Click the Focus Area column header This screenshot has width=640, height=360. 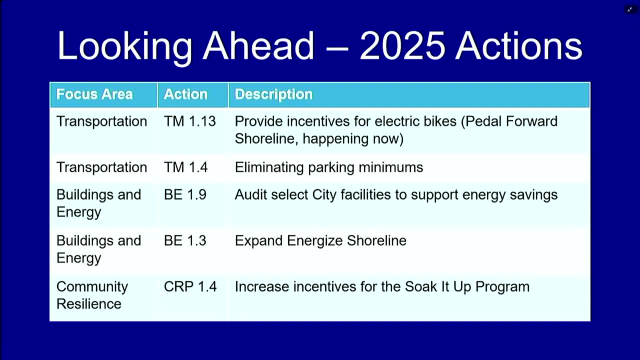(94, 94)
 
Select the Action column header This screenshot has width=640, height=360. (185, 94)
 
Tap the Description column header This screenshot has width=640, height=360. (273, 94)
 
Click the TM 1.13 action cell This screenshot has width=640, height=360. (189, 121)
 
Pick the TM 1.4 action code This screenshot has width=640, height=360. (185, 167)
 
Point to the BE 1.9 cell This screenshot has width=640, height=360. (185, 195)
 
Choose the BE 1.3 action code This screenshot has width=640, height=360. (185, 241)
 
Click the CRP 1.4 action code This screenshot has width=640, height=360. (190, 286)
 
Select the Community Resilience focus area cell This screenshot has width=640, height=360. (92, 295)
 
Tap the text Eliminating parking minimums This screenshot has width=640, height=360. (329, 167)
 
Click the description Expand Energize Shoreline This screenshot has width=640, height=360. (320, 241)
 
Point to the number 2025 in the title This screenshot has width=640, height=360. (402, 45)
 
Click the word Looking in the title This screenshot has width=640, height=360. (125, 47)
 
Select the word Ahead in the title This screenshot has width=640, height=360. (258, 45)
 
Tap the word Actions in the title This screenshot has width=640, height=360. (518, 45)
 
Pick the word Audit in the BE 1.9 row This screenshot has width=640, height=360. (251, 195)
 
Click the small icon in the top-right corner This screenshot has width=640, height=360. (630, 9)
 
